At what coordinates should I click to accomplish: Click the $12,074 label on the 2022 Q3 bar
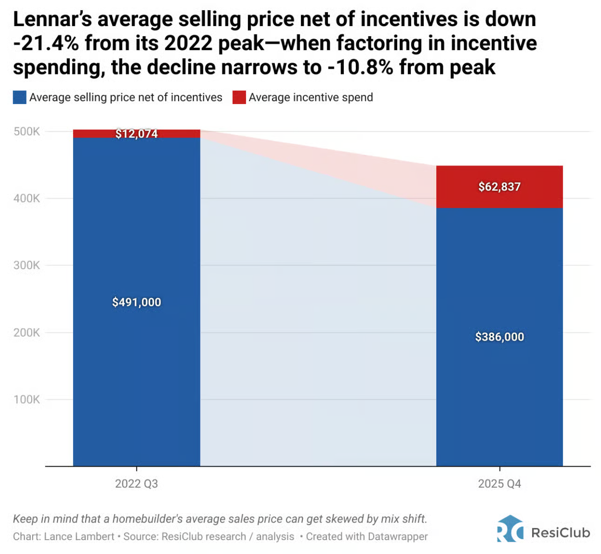pyautogui.click(x=136, y=134)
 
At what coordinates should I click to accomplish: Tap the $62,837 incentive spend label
pyautogui.click(x=499, y=187)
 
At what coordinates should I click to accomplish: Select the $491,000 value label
pyautogui.click(x=136, y=302)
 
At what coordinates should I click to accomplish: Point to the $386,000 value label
pyautogui.click(x=499, y=337)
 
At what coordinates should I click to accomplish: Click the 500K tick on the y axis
pyautogui.click(x=27, y=132)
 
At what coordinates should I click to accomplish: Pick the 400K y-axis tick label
pyautogui.click(x=27, y=198)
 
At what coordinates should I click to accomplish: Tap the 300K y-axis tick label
pyautogui.click(x=27, y=265)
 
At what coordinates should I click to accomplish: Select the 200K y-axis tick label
pyautogui.click(x=27, y=333)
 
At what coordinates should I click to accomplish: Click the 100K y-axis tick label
pyautogui.click(x=27, y=400)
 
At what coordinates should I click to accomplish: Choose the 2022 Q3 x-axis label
pyautogui.click(x=136, y=484)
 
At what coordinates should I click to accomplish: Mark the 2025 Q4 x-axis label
pyautogui.click(x=499, y=484)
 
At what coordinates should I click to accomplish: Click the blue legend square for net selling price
pyautogui.click(x=20, y=98)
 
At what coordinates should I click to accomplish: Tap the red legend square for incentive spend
pyautogui.click(x=239, y=98)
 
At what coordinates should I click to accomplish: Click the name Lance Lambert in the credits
pyautogui.click(x=79, y=536)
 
